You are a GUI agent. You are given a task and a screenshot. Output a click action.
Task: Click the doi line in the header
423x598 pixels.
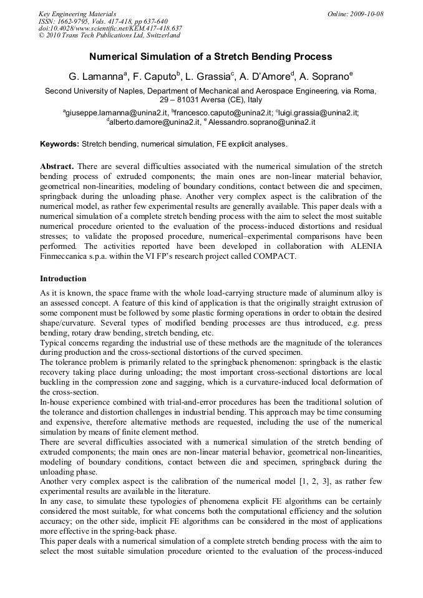click(x=110, y=28)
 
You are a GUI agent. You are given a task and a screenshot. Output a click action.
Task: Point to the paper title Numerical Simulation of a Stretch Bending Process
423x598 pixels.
click(x=211, y=57)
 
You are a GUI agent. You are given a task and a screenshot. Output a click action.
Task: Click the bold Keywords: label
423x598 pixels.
click(x=60, y=144)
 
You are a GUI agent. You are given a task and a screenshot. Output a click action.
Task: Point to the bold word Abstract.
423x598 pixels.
click(x=57, y=166)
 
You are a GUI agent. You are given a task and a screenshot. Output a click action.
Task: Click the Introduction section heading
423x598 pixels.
click(x=63, y=278)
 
